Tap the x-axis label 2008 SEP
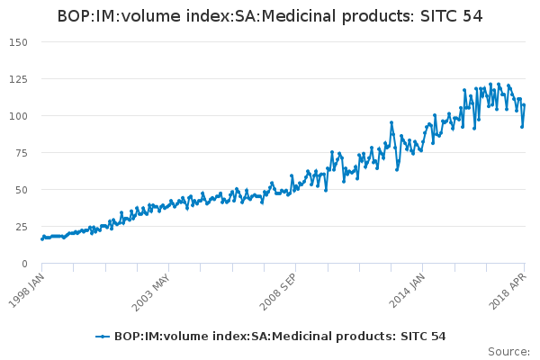coord(281,290)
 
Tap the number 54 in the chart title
coord(472,16)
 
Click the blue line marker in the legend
coord(103,337)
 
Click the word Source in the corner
coord(508,352)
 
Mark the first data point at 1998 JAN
coord(42,238)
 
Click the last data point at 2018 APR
coord(524,105)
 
